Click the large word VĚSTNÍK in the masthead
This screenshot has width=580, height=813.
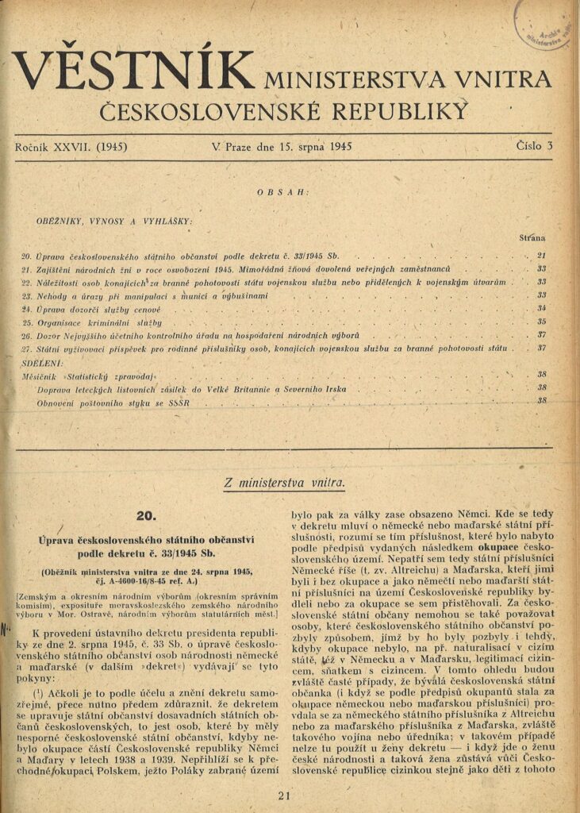click(135, 71)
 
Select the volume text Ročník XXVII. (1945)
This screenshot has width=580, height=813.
click(71, 147)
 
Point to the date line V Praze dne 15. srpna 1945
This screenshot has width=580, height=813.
click(282, 147)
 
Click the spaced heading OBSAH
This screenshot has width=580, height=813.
click(283, 192)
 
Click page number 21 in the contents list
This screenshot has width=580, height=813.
click(543, 256)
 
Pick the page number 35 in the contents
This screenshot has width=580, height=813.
click(543, 322)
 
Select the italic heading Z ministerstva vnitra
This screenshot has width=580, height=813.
click(285, 481)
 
